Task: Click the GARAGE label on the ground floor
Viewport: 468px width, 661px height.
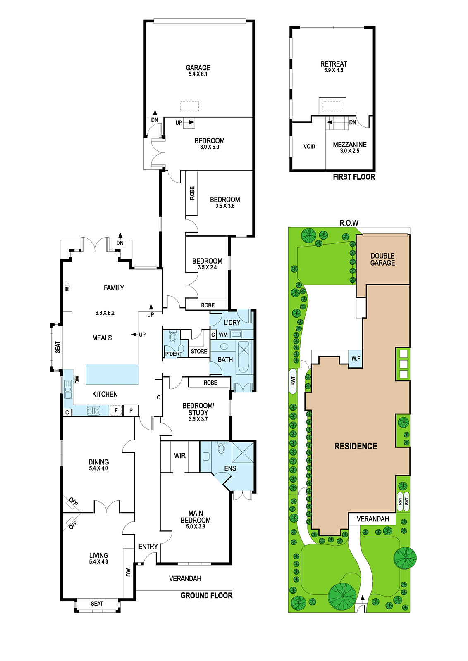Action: (198, 68)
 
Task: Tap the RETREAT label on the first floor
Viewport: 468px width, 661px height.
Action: (334, 64)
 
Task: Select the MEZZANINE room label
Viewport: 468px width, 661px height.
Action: (350, 145)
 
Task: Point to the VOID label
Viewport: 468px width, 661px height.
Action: (309, 146)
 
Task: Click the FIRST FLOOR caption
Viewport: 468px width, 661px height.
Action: (354, 177)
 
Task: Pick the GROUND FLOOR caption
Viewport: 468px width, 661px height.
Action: (206, 595)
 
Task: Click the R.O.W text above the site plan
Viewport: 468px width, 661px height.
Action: (349, 223)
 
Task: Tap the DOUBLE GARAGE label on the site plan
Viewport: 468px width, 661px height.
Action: (383, 259)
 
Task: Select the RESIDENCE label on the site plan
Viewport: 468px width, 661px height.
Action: (356, 446)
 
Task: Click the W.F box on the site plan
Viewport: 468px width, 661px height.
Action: (356, 359)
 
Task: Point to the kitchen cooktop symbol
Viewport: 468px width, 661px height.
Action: (93, 410)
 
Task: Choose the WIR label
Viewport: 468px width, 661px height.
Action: (180, 456)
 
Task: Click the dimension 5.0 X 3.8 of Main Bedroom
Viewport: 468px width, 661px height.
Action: (196, 526)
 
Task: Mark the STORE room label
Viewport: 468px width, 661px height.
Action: (199, 351)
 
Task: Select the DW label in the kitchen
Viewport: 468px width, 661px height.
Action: (77, 379)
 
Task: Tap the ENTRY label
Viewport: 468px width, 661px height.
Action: (148, 547)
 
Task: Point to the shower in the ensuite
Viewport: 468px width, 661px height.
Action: (243, 452)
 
